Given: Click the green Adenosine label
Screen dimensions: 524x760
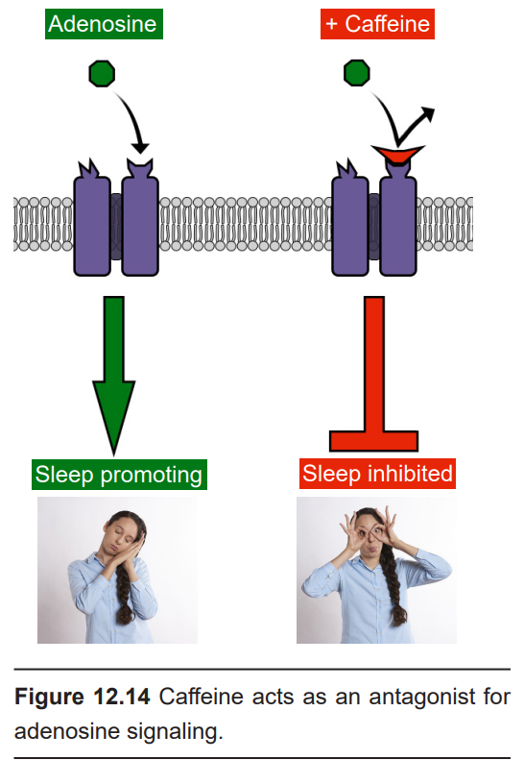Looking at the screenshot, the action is click(104, 24).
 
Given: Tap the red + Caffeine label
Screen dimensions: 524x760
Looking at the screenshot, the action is click(377, 24).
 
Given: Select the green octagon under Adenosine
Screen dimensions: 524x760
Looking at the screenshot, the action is click(102, 74).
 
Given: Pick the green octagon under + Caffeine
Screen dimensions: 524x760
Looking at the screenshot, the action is click(357, 73).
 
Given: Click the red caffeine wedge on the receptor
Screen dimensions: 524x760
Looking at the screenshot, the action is click(397, 155).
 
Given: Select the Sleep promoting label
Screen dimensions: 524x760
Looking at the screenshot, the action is click(119, 475).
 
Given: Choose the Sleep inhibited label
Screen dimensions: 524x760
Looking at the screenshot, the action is click(377, 474).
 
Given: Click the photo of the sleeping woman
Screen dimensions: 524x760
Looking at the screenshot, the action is click(118, 571).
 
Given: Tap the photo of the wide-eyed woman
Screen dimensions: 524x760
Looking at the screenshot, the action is click(376, 571).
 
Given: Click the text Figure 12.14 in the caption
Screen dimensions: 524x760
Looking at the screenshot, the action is click(83, 697).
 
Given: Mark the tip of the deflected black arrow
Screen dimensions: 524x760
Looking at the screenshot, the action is click(434, 110).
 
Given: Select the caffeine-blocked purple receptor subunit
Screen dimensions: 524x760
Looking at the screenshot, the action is click(398, 221).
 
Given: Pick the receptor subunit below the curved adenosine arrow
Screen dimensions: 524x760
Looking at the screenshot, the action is click(140, 218).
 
